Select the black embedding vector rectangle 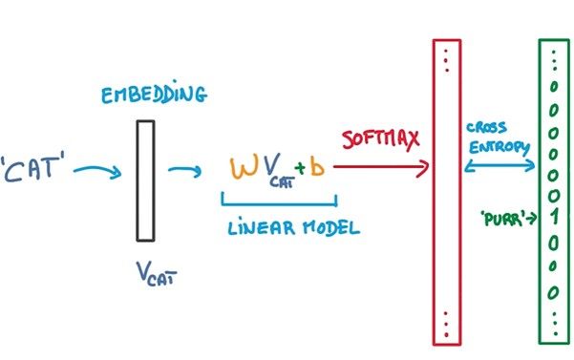coord(144,180)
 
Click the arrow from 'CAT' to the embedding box coord(97,172)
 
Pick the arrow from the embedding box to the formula coord(184,171)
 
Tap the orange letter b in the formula coord(318,167)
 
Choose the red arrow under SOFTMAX coord(381,168)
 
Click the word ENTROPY coord(499,147)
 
